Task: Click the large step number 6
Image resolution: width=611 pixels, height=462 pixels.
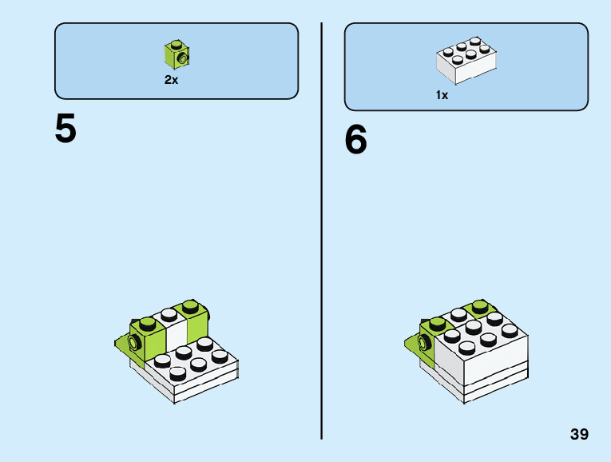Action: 356,141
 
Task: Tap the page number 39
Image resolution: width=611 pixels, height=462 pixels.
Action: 579,435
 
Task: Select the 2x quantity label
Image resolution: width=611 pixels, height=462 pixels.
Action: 172,80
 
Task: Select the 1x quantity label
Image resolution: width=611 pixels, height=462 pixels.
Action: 442,94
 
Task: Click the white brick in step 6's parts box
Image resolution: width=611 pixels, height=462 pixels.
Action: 466,61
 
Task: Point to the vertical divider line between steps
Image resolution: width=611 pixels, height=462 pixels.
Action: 321,232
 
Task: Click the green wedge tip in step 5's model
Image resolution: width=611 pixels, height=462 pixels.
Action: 119,344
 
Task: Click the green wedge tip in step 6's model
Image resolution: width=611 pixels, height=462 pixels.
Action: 409,345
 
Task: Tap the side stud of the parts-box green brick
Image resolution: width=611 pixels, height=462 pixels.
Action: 184,59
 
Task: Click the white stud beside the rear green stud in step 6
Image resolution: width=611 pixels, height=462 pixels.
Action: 458,313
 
